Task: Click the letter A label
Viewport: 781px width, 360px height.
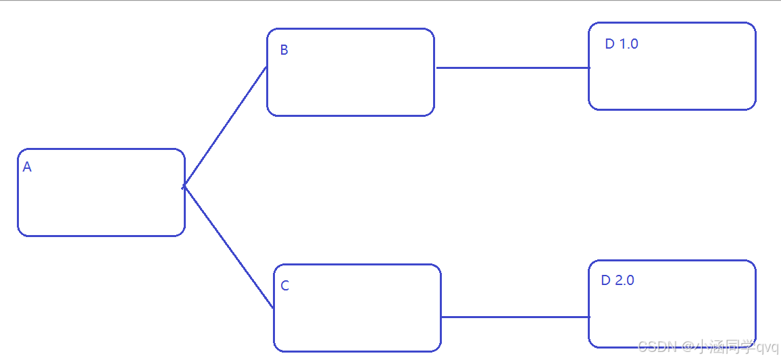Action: (x=27, y=168)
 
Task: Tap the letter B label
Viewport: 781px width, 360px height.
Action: (x=284, y=50)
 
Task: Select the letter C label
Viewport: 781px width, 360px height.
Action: (x=284, y=286)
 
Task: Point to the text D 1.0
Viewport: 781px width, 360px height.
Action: (x=622, y=44)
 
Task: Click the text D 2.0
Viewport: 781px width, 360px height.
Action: (x=618, y=280)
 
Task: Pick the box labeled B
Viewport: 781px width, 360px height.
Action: (x=351, y=81)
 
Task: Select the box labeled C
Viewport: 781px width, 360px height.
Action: (x=357, y=317)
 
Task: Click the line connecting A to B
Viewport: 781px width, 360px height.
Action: (x=225, y=126)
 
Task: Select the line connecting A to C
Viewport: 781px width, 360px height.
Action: (x=228, y=248)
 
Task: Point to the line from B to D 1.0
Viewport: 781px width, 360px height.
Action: (x=512, y=68)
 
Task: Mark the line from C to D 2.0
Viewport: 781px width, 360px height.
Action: (x=515, y=317)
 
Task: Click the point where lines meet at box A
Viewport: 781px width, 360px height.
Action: (x=183, y=186)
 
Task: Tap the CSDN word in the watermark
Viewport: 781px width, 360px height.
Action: (x=657, y=347)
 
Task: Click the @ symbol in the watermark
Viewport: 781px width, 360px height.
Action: (x=688, y=347)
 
